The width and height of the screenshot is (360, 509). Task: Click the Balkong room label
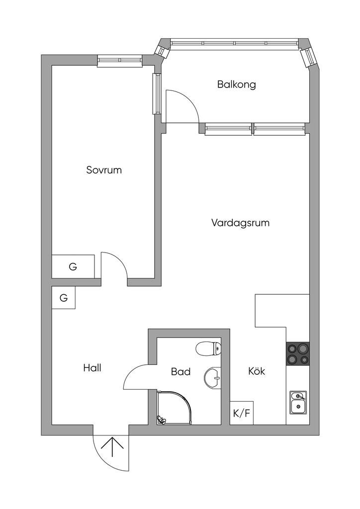click(x=236, y=85)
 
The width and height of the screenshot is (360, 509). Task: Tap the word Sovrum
click(x=104, y=170)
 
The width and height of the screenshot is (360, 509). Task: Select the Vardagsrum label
click(x=240, y=223)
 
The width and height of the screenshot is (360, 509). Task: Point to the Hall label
click(x=92, y=368)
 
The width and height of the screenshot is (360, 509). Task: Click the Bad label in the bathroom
click(x=181, y=372)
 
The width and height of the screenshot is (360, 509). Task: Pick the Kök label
click(x=257, y=371)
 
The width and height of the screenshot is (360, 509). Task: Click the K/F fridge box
click(x=242, y=413)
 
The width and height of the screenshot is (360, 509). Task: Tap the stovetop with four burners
click(x=298, y=354)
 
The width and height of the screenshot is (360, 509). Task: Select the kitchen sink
click(x=298, y=403)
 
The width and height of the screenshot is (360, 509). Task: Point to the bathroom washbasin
click(x=213, y=378)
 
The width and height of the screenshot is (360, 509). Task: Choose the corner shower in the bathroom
click(x=175, y=408)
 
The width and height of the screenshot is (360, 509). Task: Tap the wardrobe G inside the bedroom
click(x=73, y=266)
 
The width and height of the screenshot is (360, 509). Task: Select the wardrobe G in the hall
click(x=64, y=297)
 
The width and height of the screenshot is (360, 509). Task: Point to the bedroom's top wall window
click(x=120, y=60)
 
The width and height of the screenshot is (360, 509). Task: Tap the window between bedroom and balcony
click(x=158, y=93)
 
